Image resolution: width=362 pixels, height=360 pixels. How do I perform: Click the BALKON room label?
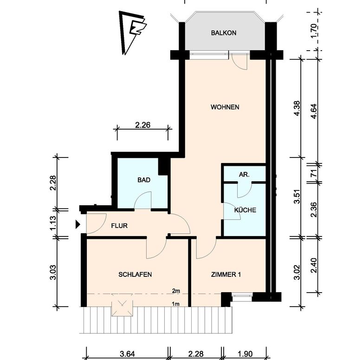(x=224, y=33)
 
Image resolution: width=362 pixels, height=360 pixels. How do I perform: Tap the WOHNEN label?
(x=225, y=107)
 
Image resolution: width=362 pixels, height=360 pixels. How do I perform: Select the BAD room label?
(x=144, y=180)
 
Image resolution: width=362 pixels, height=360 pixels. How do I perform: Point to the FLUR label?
(x=119, y=225)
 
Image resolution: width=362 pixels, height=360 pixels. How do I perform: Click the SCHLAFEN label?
(x=135, y=275)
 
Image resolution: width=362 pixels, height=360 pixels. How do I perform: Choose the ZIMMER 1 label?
(x=226, y=275)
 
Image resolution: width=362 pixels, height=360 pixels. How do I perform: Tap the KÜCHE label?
(x=245, y=210)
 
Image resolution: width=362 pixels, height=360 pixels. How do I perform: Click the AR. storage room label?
(x=244, y=175)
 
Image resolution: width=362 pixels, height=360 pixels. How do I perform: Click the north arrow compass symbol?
(x=132, y=33)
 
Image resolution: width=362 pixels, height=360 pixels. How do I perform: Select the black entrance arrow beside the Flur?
(x=78, y=224)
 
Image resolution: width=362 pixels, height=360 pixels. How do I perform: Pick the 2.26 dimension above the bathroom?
(x=142, y=125)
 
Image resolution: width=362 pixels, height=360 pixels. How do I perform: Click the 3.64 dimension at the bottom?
(x=127, y=354)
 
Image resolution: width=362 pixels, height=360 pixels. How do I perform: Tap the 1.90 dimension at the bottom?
(x=245, y=354)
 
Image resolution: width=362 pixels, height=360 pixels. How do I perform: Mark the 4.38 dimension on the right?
(x=297, y=108)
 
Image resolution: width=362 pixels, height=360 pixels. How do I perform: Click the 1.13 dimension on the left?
(x=53, y=223)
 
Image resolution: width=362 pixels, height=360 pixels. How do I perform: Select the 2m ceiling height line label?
(x=176, y=291)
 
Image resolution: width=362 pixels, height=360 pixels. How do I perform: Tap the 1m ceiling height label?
(x=176, y=304)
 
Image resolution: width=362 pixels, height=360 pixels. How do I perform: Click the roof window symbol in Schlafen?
(x=122, y=305)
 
